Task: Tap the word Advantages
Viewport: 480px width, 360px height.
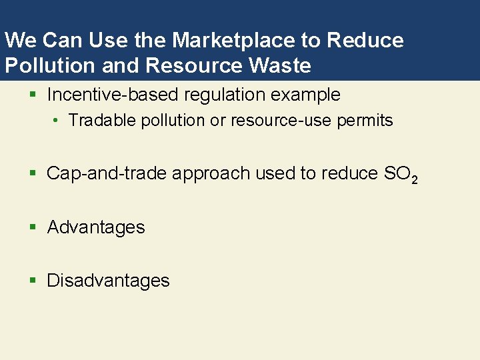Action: coord(96,227)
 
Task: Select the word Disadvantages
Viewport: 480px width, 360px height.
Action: coord(108,281)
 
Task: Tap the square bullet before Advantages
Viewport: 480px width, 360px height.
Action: coord(33,228)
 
